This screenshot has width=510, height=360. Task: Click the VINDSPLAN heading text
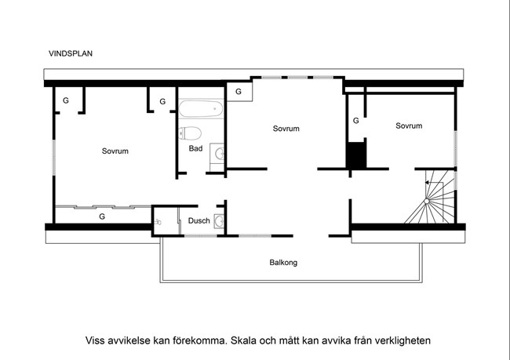(x=71, y=53)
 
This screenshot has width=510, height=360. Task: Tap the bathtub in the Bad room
(x=201, y=109)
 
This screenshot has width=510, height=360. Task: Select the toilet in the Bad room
(x=190, y=133)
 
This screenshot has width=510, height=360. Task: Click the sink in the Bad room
(x=219, y=153)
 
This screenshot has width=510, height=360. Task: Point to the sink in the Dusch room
(x=219, y=221)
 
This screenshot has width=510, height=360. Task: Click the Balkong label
(x=283, y=263)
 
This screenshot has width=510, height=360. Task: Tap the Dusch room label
(x=199, y=221)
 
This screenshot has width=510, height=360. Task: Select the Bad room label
(x=196, y=148)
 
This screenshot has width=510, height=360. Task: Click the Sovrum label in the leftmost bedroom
(x=115, y=151)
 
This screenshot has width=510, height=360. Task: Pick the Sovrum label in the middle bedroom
(x=286, y=129)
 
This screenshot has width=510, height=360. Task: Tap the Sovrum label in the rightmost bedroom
(x=409, y=125)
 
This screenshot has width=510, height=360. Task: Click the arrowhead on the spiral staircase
(x=427, y=183)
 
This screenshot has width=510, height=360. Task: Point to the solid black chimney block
(x=356, y=155)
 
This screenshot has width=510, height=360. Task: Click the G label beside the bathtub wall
(x=162, y=102)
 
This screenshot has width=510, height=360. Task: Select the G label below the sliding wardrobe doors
(x=102, y=216)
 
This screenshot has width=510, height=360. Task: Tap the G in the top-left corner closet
(x=66, y=101)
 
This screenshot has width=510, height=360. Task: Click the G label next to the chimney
(x=356, y=121)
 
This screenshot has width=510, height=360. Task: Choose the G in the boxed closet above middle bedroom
(x=239, y=92)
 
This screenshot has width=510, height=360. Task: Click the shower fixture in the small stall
(x=158, y=222)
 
